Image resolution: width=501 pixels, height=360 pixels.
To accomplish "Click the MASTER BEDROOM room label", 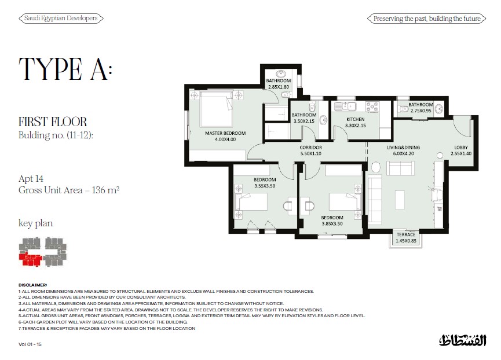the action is pos(225,133).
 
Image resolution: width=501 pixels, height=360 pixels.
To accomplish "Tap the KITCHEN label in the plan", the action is pos(355,119).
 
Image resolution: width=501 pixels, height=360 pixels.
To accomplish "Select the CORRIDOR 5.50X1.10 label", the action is pos(310,150).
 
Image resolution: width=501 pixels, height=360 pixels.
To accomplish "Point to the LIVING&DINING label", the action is pos(403,148).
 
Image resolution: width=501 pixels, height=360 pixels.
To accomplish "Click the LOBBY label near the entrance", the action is pos(460,148).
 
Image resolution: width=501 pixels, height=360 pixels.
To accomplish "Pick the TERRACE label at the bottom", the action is pos(406,234).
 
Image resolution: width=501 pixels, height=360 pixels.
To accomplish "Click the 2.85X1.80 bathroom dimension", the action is pos(278,87).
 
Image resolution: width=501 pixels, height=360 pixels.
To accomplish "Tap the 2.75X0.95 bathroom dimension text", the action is pos(421,111).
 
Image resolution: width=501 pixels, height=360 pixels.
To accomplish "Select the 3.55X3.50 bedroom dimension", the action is pos(265,186).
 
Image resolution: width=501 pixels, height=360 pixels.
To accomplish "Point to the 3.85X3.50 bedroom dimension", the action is pos(332,224).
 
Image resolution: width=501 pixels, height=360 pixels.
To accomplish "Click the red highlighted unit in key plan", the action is pos(30,259).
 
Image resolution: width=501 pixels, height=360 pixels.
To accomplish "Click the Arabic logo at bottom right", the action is pos(462,340).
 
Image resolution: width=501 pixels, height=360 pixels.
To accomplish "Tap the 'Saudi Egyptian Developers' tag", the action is pos(61,18).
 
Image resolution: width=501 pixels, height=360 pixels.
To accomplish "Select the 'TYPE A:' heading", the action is pos(65,69).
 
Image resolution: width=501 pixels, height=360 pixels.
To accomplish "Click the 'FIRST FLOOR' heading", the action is pos(53,122).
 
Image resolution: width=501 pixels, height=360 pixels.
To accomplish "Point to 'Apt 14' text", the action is pos(31,178).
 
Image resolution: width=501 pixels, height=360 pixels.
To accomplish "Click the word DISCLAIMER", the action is pos(32,285).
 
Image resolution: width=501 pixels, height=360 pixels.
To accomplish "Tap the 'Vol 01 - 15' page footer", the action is pos(30,344).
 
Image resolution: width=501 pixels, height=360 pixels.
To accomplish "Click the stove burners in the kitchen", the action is pos(372,106).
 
